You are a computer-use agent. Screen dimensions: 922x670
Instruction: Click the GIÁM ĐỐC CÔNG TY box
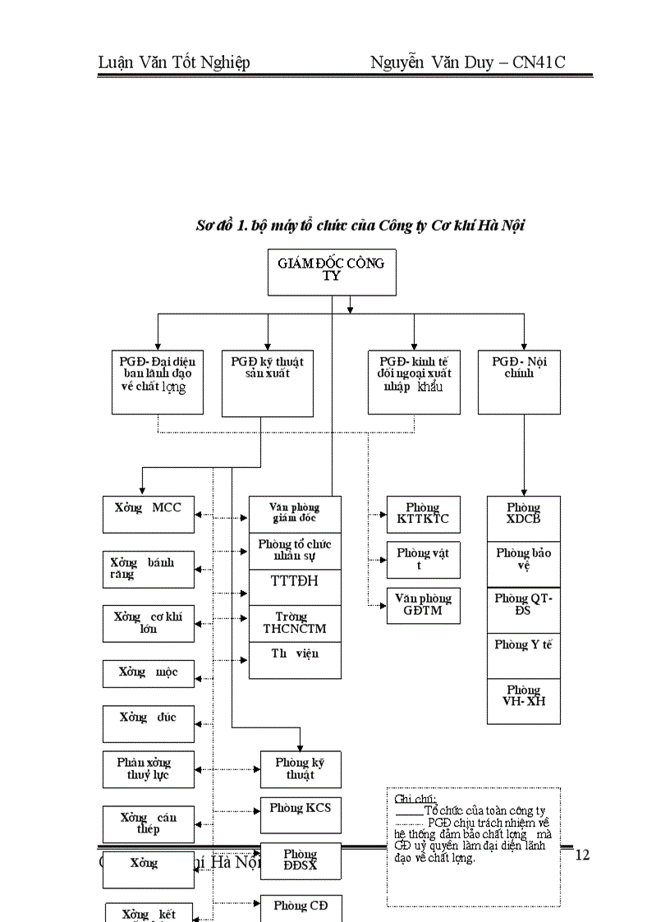point(332,271)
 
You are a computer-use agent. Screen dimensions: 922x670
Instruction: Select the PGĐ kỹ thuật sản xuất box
point(268,383)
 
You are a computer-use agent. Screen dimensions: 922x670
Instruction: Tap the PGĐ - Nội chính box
point(519,383)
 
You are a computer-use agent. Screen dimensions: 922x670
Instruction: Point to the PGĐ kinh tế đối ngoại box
point(414,383)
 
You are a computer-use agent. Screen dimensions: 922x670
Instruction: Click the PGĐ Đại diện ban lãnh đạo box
point(158,383)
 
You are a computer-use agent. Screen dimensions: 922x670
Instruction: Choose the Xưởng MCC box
point(149,515)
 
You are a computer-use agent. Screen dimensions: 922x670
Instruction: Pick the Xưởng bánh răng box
point(149,569)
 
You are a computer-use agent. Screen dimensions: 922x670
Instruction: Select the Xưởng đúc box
point(149,723)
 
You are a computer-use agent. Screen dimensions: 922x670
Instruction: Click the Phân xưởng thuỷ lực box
point(149,769)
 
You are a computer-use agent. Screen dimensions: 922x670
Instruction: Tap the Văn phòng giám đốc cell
point(295,514)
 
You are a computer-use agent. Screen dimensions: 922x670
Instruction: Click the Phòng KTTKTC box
point(423,514)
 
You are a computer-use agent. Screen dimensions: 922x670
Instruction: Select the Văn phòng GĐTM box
point(423,605)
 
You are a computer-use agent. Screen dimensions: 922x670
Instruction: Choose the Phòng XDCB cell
point(524,518)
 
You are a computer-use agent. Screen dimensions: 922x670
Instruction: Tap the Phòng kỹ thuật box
point(301,769)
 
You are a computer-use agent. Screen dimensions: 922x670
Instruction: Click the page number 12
point(582,855)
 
